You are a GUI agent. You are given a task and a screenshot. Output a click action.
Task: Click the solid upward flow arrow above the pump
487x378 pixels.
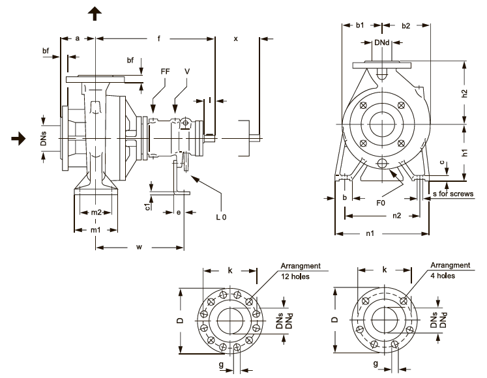[95, 14]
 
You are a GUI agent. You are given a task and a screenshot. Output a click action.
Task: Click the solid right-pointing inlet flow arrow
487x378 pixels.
[19, 138]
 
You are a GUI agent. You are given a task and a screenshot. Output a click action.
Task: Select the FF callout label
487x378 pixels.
[165, 72]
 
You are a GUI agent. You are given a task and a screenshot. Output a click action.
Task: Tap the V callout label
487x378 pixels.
[187, 72]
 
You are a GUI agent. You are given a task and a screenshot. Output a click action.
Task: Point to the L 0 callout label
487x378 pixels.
[222, 217]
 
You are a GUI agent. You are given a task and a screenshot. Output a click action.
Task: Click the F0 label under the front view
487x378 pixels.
[381, 203]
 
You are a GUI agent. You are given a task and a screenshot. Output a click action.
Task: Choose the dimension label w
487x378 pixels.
[139, 247]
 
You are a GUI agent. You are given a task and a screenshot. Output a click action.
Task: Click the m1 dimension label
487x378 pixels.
[96, 230]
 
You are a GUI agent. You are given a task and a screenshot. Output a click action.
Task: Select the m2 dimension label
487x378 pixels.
[96, 212]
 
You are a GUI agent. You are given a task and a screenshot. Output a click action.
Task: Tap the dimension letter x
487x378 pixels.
[236, 39]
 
